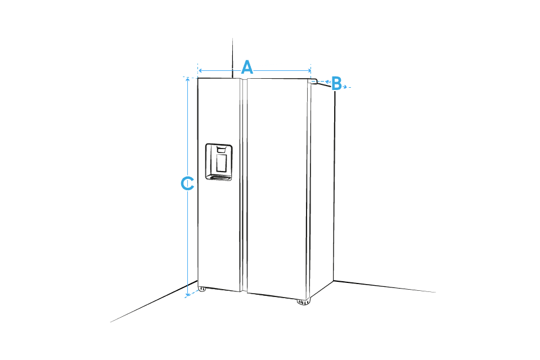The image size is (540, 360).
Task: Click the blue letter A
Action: pos(247,67)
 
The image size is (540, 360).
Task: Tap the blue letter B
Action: pos(336,84)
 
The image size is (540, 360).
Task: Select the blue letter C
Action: pos(187,183)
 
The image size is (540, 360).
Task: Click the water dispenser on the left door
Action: pos(219,162)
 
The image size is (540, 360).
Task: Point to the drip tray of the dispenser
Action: pos(219,177)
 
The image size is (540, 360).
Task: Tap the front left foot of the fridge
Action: pos(202,289)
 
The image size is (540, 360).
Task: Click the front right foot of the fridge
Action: pos(303,302)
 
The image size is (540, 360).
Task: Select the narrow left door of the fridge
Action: pos(219,184)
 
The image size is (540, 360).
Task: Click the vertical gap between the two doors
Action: pos(244,186)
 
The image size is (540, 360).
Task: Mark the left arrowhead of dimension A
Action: pos(200,71)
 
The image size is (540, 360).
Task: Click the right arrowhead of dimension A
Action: pos(309,71)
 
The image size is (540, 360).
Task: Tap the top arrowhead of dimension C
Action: pos(187,79)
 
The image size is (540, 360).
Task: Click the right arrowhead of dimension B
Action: pos(344,86)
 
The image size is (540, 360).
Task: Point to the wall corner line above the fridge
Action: pos(232,58)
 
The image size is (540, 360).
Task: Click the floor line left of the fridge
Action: pos(154,301)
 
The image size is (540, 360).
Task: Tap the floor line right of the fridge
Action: pos(385,286)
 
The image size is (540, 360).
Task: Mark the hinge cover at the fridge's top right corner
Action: pos(313,81)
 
